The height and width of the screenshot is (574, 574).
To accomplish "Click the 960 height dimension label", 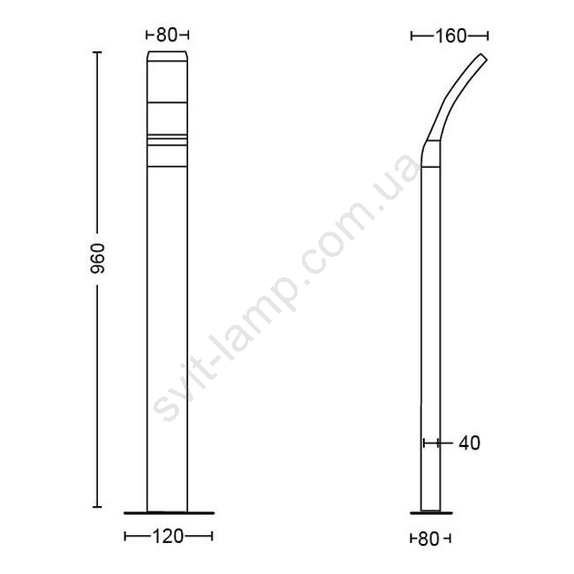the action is pos(98,259).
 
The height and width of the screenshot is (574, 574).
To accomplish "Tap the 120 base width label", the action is pos(168,537).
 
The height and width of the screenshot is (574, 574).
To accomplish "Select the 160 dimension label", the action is pos(450,36).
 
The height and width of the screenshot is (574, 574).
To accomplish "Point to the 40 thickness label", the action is pos(469,443).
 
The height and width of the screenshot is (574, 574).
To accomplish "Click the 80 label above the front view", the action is pos(167,35).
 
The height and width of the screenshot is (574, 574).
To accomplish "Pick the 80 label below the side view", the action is pos(428,539).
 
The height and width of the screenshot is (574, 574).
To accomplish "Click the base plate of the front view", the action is pos(170,513).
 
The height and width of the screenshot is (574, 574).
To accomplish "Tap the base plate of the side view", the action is pos(431,513).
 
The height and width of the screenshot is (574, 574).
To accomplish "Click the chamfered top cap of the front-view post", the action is pos(168,56).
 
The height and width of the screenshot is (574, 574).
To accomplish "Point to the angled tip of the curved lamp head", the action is pos(483,58).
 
